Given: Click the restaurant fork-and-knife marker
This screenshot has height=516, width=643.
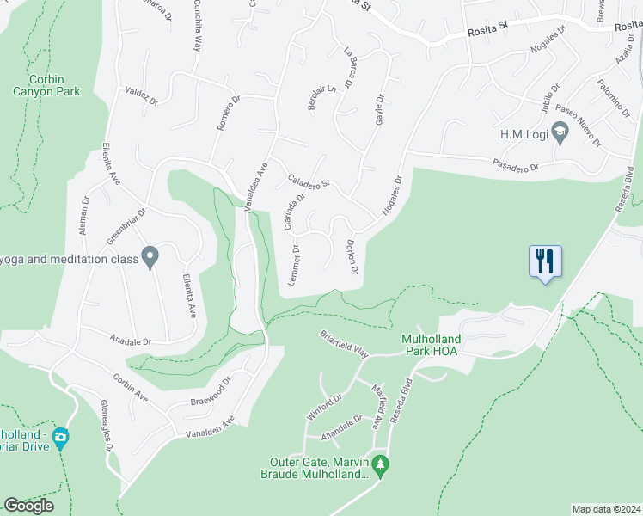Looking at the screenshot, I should [x=545, y=260].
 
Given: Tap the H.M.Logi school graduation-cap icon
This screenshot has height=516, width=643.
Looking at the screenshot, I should [x=560, y=134].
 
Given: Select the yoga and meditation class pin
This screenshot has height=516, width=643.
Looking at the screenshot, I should [x=150, y=257].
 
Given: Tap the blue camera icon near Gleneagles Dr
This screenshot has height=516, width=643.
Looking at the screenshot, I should [x=60, y=437].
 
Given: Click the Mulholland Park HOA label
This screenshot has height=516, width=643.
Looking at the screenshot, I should [x=432, y=345].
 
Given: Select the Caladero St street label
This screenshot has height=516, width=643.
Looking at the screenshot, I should [x=309, y=178].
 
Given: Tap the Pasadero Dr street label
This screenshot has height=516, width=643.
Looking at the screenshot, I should [x=516, y=164].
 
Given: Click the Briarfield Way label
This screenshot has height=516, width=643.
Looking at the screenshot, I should [x=344, y=343].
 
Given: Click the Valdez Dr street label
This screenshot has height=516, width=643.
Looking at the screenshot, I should [x=142, y=95].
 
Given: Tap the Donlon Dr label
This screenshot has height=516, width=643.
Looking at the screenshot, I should [x=351, y=258].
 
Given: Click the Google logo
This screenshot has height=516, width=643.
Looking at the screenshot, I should [x=28, y=506].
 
